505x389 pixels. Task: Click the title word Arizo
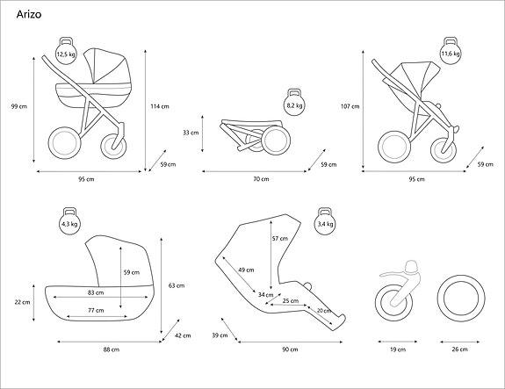pos(28,15)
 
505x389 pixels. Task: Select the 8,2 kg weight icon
pos(294,104)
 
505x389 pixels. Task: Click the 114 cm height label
pos(160,106)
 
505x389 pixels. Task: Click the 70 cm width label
pos(260,178)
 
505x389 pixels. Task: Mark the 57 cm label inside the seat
pos(279,239)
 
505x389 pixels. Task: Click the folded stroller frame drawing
pos(253,133)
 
